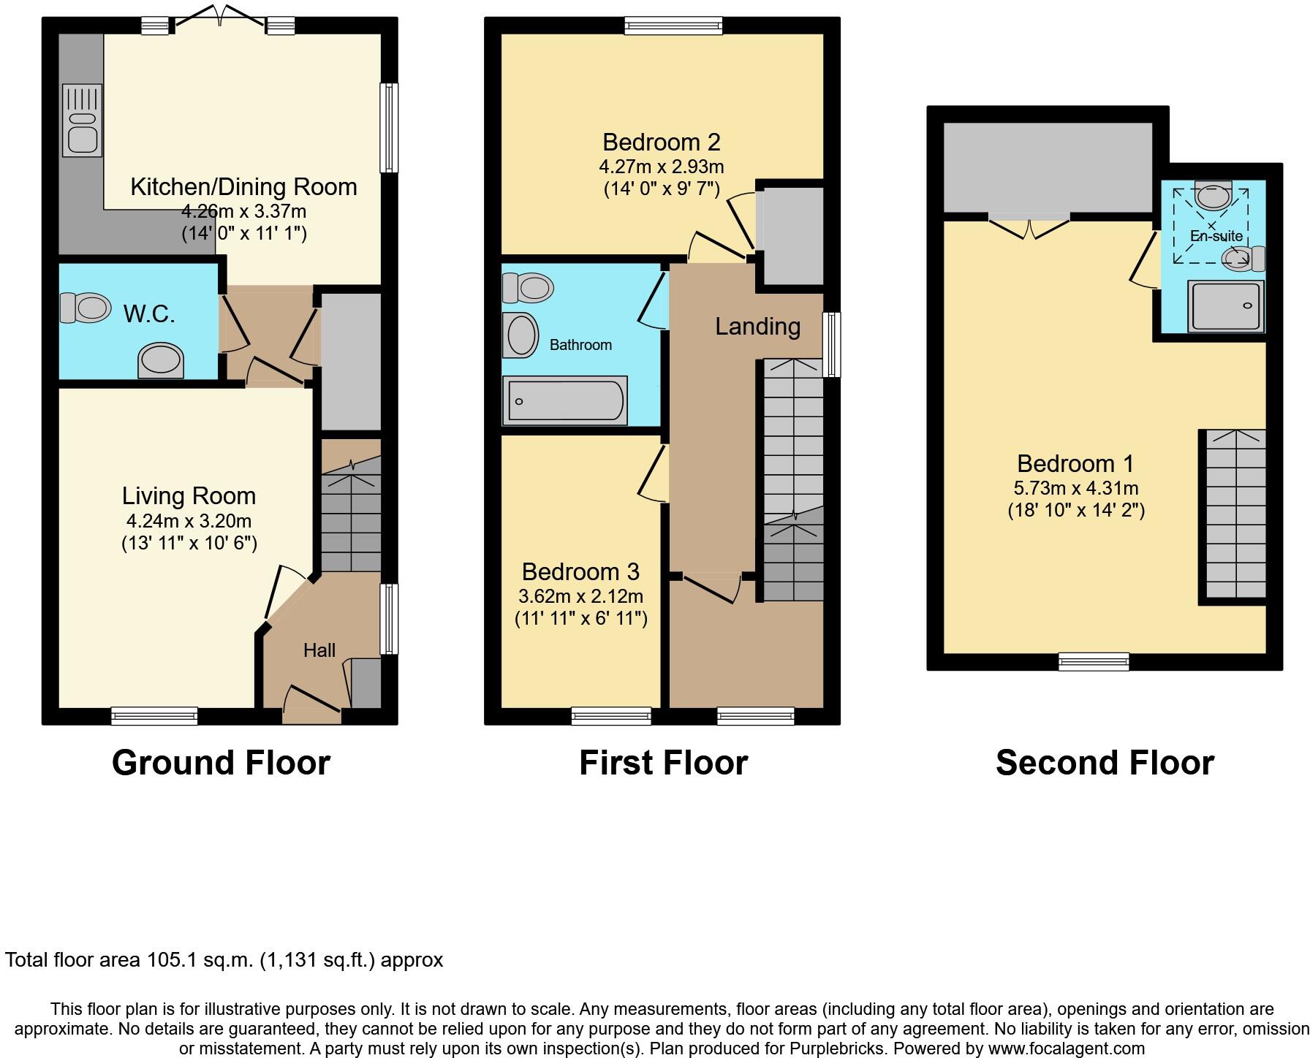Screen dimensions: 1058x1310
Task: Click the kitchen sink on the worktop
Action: pos(82,121)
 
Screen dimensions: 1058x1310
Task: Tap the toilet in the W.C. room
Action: pos(85,308)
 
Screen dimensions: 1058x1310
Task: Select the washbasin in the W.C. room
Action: pos(161,361)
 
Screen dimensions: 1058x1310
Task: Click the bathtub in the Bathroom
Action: pos(564,400)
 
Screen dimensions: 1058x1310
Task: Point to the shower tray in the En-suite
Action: pos(1226,306)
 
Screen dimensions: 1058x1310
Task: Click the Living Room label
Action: pos(189,496)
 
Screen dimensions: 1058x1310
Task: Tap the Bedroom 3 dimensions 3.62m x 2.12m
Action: pos(580,595)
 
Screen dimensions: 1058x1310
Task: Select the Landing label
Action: pos(757,327)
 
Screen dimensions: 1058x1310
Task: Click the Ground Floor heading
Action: pos(221,763)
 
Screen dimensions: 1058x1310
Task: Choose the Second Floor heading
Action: pos(1104,763)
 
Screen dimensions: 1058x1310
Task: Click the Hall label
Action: pos(319,650)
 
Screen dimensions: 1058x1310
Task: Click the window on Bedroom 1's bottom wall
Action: pos(1094,662)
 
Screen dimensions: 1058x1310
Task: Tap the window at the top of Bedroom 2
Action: pos(673,26)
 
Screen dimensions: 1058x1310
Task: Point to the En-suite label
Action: pos(1216,236)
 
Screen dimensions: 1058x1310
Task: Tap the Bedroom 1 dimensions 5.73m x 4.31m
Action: pos(1075,487)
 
